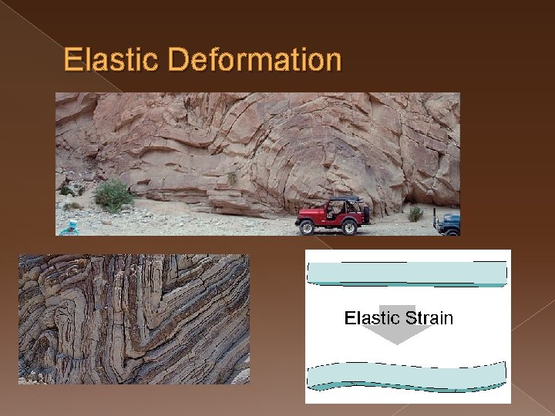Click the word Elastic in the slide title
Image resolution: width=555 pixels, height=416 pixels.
tap(110, 59)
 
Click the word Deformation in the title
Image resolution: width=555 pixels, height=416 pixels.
tap(254, 59)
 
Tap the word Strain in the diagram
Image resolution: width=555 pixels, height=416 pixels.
tap(429, 318)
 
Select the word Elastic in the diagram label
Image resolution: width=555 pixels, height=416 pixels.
tap(373, 318)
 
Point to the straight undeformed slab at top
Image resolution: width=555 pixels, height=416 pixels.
tap(407, 273)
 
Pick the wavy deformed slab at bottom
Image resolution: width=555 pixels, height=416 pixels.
tap(407, 377)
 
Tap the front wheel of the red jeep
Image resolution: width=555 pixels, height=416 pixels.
tap(307, 228)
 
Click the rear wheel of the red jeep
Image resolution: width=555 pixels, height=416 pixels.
tap(349, 227)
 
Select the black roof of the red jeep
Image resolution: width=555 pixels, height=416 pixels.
tap(345, 200)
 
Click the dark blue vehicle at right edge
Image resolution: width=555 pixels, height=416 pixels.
tap(447, 223)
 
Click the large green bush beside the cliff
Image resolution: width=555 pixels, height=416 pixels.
tap(113, 196)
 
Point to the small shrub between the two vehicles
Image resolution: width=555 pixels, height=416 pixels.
tap(415, 214)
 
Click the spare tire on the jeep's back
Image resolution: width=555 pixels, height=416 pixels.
tap(366, 214)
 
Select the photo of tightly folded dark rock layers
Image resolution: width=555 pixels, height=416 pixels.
tap(134, 319)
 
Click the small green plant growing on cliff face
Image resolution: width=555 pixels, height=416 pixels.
tap(232, 178)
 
